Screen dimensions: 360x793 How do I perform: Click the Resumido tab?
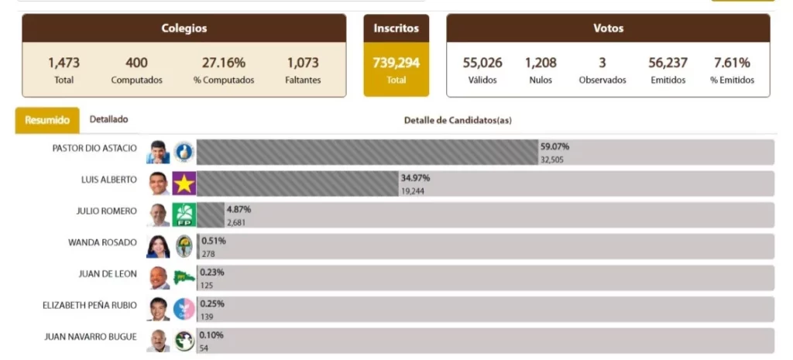47,120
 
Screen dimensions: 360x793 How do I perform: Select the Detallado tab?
109,119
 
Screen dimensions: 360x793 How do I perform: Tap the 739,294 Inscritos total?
396,63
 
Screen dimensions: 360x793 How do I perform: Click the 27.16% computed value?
223,63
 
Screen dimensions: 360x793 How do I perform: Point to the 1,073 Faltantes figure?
303,63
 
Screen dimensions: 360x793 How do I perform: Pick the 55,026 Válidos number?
482,63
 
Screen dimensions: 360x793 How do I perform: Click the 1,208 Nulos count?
541,63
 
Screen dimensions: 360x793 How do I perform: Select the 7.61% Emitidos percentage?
732,63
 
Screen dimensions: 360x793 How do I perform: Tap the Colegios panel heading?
184,29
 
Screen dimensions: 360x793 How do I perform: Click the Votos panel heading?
608,29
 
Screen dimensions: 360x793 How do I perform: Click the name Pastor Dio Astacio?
94,148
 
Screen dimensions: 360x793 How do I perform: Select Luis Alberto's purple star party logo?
184,183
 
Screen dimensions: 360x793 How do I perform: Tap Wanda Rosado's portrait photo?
158,246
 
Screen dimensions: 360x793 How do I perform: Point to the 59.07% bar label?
555,146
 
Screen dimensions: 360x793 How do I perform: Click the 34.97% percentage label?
415,178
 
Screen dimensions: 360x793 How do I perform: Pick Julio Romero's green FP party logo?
184,214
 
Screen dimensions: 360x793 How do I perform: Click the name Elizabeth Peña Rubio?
90,305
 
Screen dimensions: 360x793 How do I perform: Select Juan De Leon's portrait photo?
159,278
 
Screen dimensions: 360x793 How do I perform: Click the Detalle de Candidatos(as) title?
458,120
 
